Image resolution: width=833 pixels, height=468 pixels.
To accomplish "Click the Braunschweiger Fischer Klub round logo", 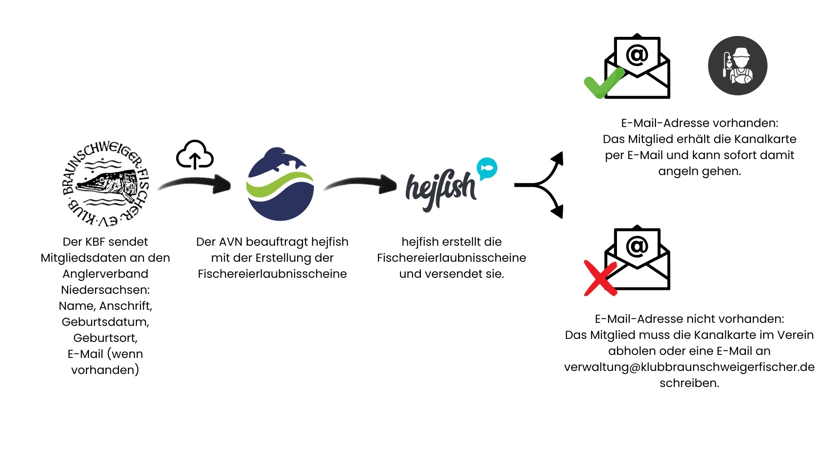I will [x=105, y=184].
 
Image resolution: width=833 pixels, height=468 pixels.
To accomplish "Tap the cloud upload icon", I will [x=195, y=155].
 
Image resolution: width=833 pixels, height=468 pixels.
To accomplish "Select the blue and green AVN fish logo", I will [x=280, y=185].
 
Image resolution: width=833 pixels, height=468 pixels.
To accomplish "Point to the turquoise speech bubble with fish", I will [x=487, y=168].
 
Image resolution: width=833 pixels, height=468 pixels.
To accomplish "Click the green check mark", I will [x=603, y=83].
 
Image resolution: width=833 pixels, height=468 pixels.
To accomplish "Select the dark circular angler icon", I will [x=738, y=66].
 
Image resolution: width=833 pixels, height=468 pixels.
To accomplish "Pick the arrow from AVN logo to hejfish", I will [x=360, y=185].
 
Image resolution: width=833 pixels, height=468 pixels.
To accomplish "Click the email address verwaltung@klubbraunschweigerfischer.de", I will [x=689, y=367].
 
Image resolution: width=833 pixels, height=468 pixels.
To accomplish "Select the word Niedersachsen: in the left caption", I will [x=105, y=290].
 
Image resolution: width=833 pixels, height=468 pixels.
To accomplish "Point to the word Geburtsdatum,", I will [x=105, y=322].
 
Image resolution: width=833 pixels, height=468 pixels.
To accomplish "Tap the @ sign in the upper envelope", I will [x=637, y=55].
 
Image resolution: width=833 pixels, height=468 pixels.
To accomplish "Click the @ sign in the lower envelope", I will [x=637, y=246].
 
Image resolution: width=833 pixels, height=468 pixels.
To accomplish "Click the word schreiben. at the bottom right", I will [x=689, y=383].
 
